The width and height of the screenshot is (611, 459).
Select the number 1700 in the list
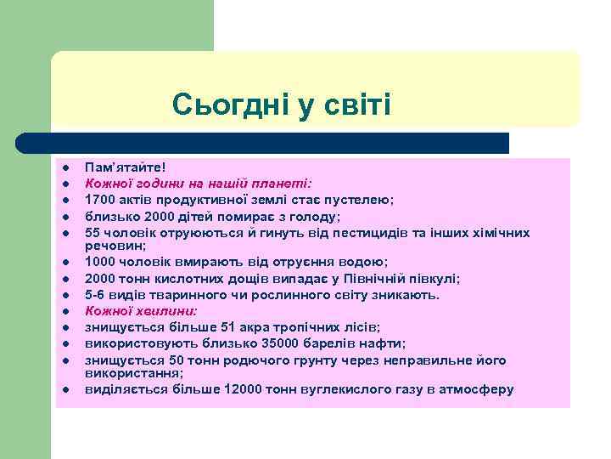tap(99, 200)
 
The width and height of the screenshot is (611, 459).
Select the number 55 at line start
tap(92, 232)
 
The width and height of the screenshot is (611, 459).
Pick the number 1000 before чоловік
tap(99, 263)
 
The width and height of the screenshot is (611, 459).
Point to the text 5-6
tap(95, 295)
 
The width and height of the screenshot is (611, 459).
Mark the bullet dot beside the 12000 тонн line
tap(64, 390)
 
